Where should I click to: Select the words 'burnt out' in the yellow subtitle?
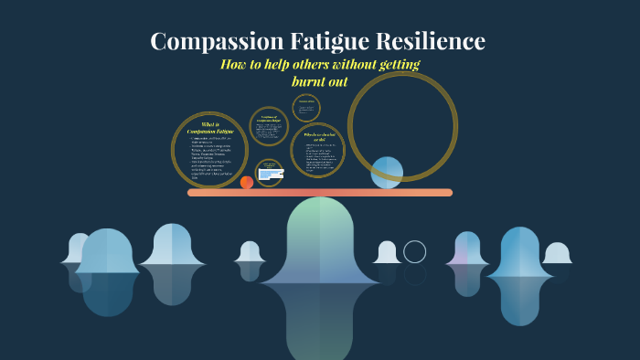point(319,81)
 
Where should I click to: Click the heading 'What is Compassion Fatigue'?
point(210,128)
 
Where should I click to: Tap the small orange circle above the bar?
point(246,183)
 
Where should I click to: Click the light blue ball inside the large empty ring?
point(387,172)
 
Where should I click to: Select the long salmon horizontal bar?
point(320,193)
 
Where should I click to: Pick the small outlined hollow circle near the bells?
point(415,251)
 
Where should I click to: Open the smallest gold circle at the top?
point(306,108)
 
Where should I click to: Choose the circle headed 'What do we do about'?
point(317,150)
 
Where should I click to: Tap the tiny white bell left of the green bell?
point(250,251)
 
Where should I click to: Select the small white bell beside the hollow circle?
point(387,252)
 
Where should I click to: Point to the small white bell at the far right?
point(556,253)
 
